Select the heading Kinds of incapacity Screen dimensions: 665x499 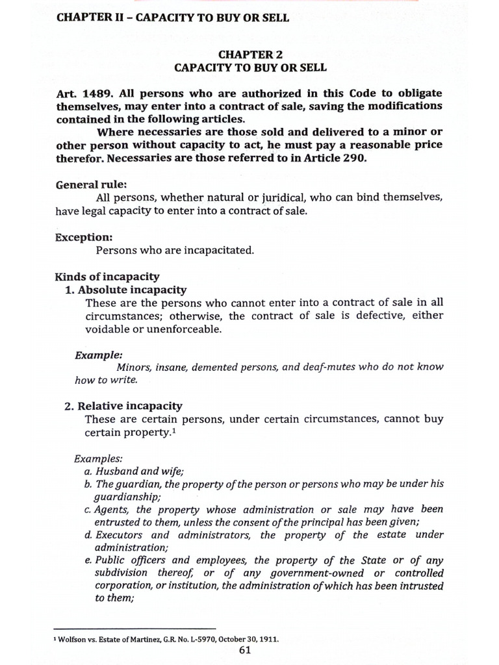tap(107, 277)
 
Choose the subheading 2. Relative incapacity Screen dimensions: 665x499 tap(123, 406)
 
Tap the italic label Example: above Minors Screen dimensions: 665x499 tap(98, 355)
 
